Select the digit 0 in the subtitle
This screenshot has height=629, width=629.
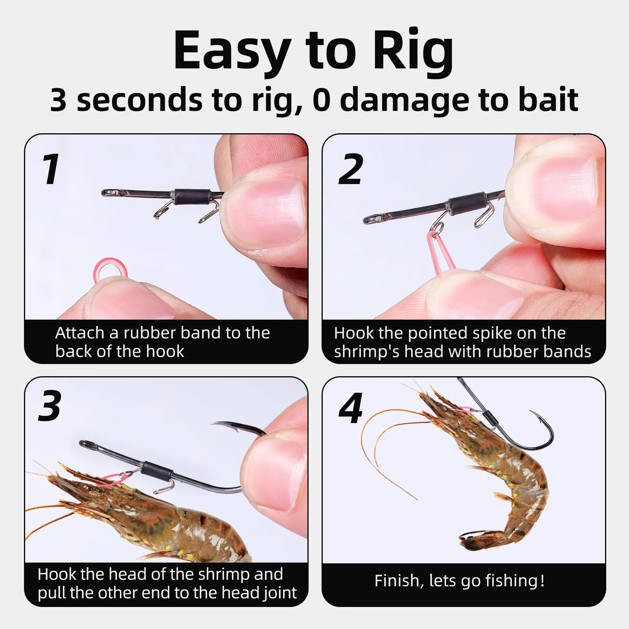[x=322, y=100]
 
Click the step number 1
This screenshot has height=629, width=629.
[x=51, y=169]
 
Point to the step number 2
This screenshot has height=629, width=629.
[x=351, y=169]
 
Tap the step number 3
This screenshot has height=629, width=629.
[x=50, y=406]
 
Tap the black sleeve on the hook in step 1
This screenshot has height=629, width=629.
[x=191, y=196]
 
